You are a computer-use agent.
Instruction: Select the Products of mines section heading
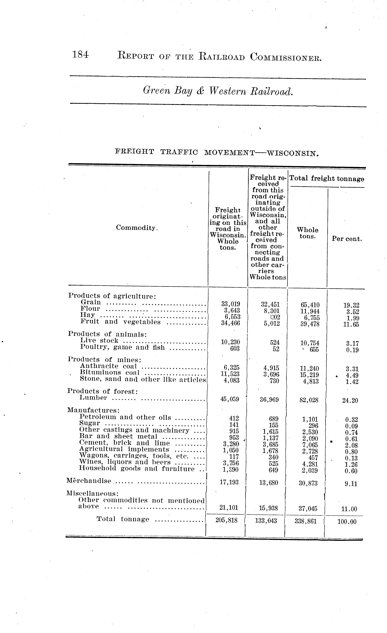tap(105, 359)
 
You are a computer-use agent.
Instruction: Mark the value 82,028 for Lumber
tap(309, 400)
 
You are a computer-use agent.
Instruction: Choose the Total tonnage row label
tap(123, 519)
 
